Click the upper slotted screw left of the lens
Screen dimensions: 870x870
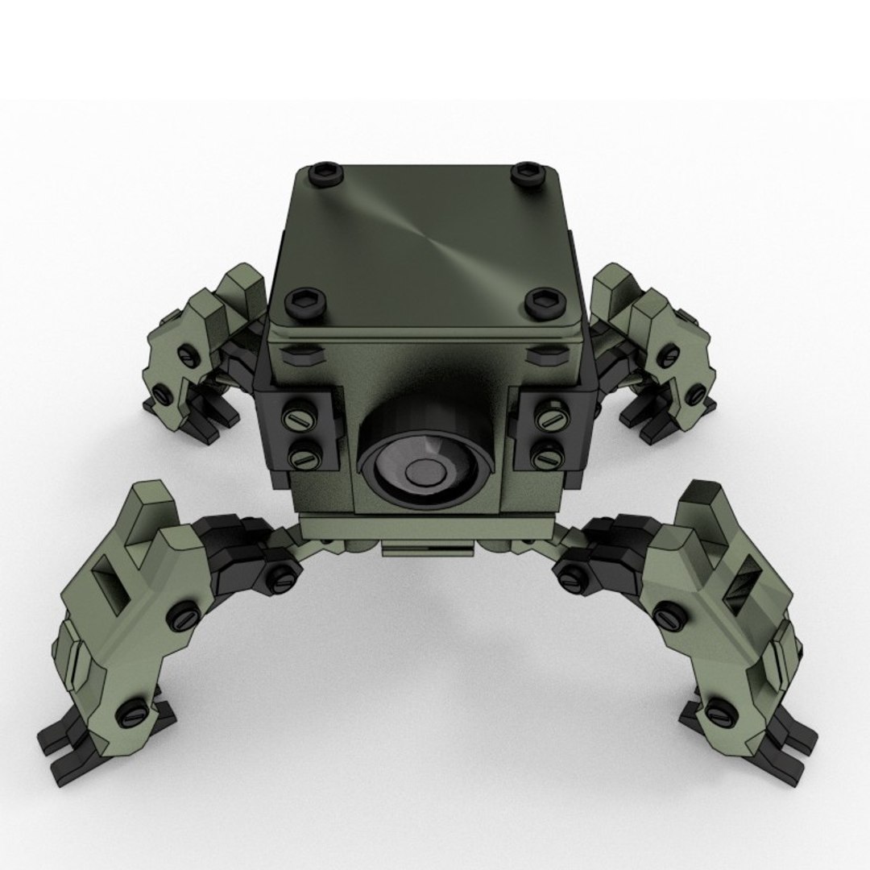coord(299,420)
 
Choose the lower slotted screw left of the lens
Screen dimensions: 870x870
coord(304,457)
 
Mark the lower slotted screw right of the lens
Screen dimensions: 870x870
coord(547,457)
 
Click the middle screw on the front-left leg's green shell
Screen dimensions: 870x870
coord(181,617)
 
